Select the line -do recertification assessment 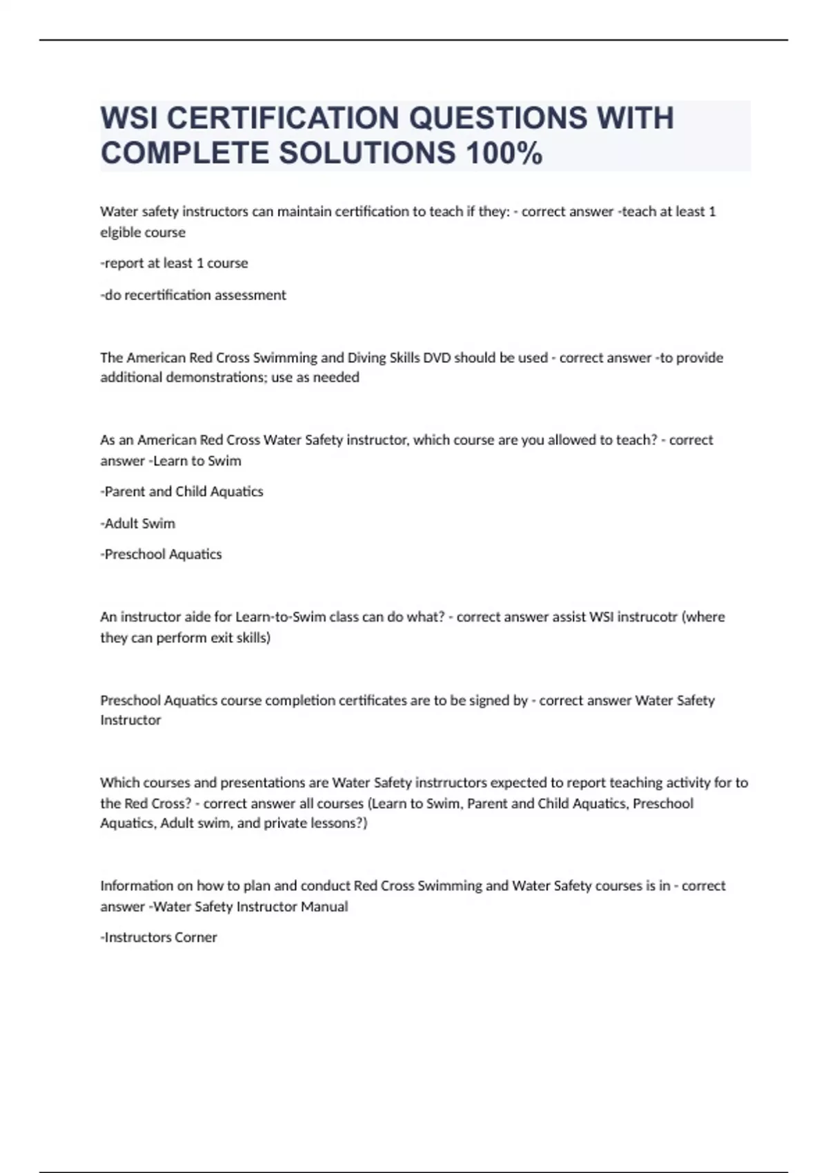point(193,295)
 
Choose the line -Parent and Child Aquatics point(181,491)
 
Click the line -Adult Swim point(137,523)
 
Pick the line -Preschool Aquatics point(161,554)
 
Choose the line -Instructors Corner point(159,937)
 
